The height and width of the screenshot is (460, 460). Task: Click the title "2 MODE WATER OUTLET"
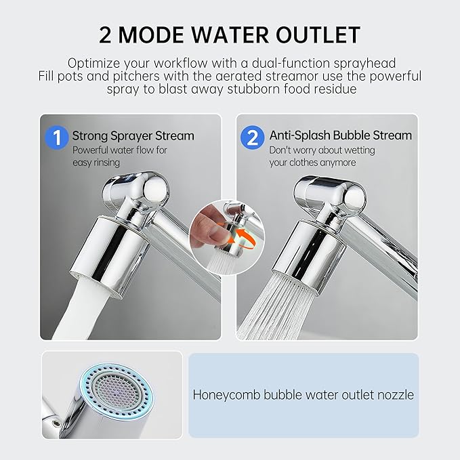click(x=230, y=35)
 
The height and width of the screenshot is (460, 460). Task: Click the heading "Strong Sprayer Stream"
click(x=133, y=135)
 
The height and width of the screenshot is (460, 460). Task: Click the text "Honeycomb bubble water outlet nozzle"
click(x=304, y=394)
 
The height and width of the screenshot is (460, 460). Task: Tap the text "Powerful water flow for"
click(x=120, y=150)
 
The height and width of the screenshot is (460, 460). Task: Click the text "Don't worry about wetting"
click(x=322, y=150)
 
